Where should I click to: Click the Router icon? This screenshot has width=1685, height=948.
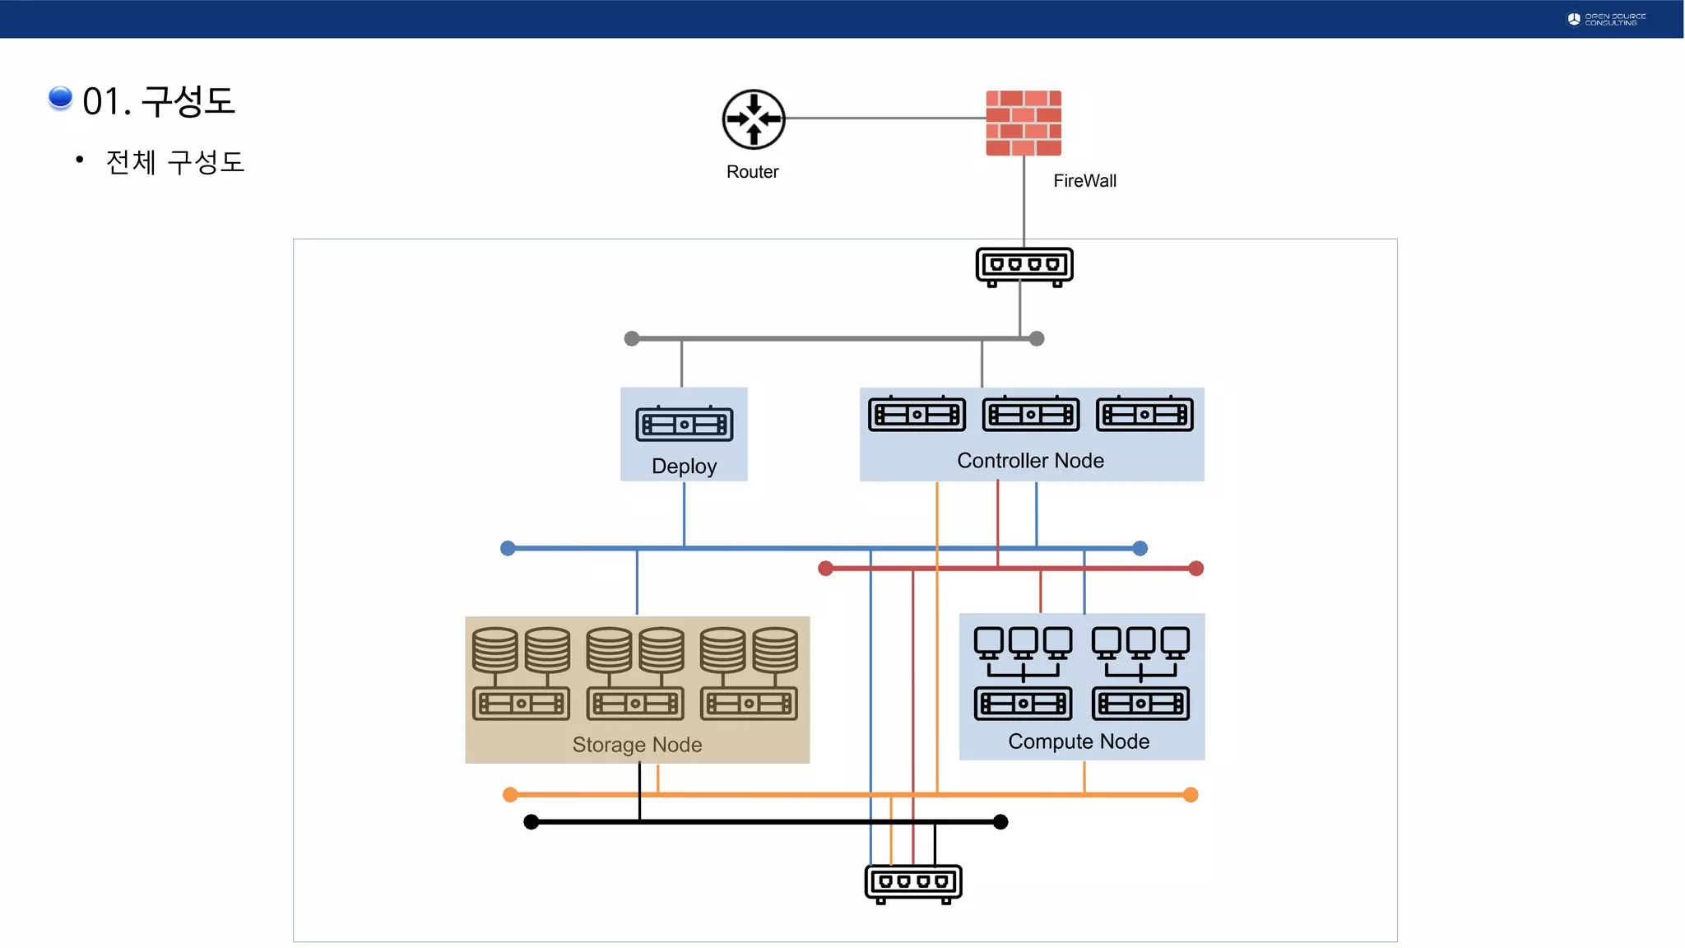pyautogui.click(x=754, y=119)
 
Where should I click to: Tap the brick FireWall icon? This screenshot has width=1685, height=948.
pyautogui.click(x=1024, y=123)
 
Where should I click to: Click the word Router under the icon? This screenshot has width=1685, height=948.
pyautogui.click(x=752, y=172)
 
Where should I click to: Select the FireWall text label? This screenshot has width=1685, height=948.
pyautogui.click(x=1084, y=181)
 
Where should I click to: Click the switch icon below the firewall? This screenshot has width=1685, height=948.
pyautogui.click(x=1024, y=267)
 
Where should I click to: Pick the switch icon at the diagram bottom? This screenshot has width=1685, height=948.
pyautogui.click(x=913, y=883)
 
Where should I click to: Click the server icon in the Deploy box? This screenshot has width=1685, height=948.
pyautogui.click(x=684, y=425)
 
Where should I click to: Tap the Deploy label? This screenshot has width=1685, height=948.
pyautogui.click(x=684, y=467)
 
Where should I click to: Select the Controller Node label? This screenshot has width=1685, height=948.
pyautogui.click(x=1030, y=461)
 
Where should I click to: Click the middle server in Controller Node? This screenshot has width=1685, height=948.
pyautogui.click(x=1030, y=414)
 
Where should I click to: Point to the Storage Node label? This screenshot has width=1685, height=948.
pyautogui.click(x=637, y=745)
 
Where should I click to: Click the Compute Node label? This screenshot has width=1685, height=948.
pyautogui.click(x=1079, y=741)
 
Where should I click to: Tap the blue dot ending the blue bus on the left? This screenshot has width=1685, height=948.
pyautogui.click(x=508, y=548)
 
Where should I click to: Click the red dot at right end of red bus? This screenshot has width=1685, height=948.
pyautogui.click(x=1196, y=569)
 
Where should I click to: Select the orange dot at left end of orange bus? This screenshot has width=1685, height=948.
pyautogui.click(x=510, y=794)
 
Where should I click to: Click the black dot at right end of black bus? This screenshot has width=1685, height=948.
pyautogui.click(x=1000, y=822)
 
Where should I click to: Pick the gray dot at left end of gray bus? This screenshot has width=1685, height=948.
pyautogui.click(x=632, y=338)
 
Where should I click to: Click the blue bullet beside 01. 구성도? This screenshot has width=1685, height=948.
pyautogui.click(x=60, y=98)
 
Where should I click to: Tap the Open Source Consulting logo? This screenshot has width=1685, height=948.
pyautogui.click(x=1606, y=19)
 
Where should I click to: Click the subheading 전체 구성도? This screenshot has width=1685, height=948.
pyautogui.click(x=175, y=162)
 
